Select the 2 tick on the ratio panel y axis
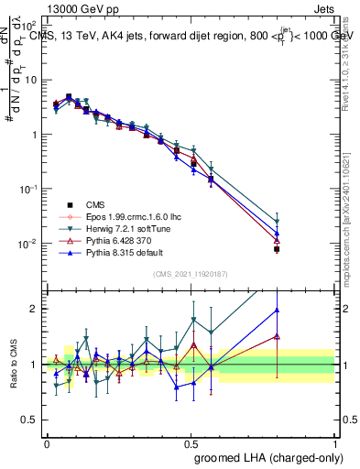(x=36, y=309)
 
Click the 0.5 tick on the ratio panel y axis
(x=31, y=420)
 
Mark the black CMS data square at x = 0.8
(x=277, y=248)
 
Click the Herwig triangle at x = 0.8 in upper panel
(x=277, y=221)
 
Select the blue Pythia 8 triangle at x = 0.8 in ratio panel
(x=277, y=310)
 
